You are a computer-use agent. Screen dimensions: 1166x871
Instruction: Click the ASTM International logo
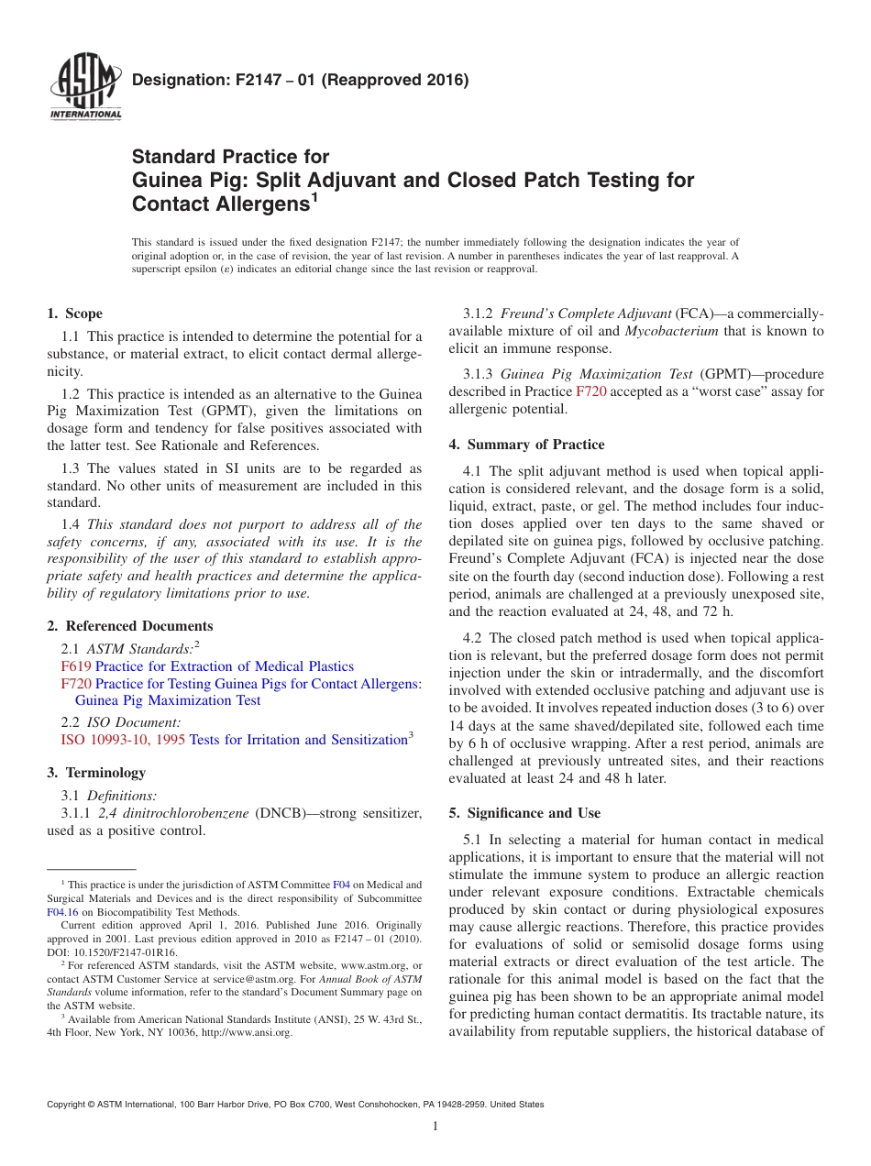[x=85, y=89]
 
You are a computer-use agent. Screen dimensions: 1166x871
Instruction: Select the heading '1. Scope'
[x=74, y=313]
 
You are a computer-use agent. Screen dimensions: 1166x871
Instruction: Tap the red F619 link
[x=76, y=666]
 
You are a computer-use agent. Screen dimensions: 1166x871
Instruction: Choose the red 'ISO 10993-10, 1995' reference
[x=123, y=740]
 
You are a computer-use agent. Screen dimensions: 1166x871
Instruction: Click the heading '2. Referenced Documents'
[x=129, y=626]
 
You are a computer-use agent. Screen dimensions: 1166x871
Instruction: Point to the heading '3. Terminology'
[x=95, y=773]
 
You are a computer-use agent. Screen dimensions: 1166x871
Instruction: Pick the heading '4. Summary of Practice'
[x=526, y=445]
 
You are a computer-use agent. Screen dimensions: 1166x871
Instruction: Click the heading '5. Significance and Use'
[x=524, y=813]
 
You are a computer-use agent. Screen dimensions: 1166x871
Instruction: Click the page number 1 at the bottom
[x=435, y=1127]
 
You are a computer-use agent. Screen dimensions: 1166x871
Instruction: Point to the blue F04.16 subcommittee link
[x=62, y=912]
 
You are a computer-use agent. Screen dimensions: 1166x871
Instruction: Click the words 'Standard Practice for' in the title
[x=230, y=157]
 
